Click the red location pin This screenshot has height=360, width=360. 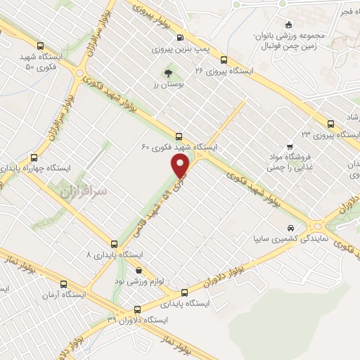[x=181, y=166]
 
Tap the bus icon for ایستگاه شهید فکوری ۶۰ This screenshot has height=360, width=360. [x=179, y=137]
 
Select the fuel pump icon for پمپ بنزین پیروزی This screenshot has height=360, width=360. [x=181, y=38]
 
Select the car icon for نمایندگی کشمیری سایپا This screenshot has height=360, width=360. [x=290, y=229]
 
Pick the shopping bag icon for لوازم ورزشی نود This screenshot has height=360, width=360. [x=139, y=270]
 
